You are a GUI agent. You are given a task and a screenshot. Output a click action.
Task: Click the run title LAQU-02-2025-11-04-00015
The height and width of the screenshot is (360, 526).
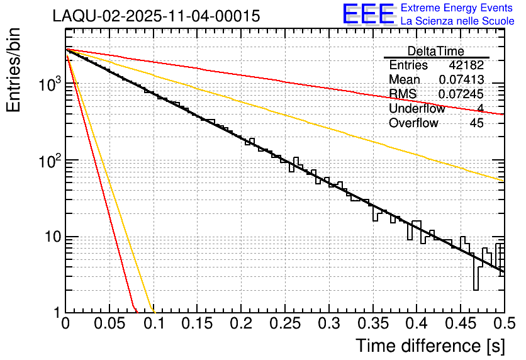156,16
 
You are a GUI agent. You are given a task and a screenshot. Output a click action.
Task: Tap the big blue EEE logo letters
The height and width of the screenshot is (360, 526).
368,14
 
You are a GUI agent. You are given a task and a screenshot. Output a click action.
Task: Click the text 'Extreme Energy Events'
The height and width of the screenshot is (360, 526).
457,8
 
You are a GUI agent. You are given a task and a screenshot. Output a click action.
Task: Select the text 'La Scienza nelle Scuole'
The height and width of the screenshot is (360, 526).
457,21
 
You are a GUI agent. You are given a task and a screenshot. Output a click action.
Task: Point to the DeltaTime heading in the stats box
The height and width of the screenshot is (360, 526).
436,51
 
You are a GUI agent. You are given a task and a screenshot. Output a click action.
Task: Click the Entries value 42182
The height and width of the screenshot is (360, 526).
466,65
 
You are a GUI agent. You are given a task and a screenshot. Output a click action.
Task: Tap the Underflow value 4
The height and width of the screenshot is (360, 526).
480,108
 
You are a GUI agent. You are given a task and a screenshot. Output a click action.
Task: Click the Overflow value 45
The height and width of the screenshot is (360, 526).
476,123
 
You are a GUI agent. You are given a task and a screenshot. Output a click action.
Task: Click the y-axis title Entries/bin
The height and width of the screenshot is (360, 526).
16,69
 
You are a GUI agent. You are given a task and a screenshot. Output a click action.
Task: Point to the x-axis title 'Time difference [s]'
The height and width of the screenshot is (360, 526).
430,346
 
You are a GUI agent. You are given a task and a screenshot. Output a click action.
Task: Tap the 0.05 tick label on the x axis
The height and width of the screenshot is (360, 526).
109,324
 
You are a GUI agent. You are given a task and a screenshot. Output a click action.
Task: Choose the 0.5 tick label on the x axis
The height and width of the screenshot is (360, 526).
502,324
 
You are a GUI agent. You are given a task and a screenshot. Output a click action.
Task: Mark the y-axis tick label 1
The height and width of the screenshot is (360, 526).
55,313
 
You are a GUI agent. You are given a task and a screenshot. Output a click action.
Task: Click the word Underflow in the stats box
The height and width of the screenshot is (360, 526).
417,108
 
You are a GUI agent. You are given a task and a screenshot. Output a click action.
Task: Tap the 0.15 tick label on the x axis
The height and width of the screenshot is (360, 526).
197,324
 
